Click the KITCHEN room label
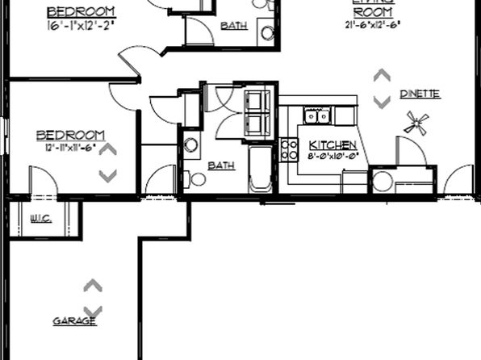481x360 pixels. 333,145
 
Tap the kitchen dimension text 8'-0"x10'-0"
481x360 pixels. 333,157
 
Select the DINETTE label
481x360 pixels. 420,94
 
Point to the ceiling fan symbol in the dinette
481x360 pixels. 417,123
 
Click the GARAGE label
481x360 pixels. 74,321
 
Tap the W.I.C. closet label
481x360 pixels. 41,217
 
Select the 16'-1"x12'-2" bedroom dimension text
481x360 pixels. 81,26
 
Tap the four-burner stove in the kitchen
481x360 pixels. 289,149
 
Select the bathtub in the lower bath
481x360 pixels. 261,169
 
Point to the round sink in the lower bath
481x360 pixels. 191,145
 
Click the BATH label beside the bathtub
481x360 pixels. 221,165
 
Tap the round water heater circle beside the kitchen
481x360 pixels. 383,181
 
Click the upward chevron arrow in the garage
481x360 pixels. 93,286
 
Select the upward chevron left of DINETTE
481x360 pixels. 382,75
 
